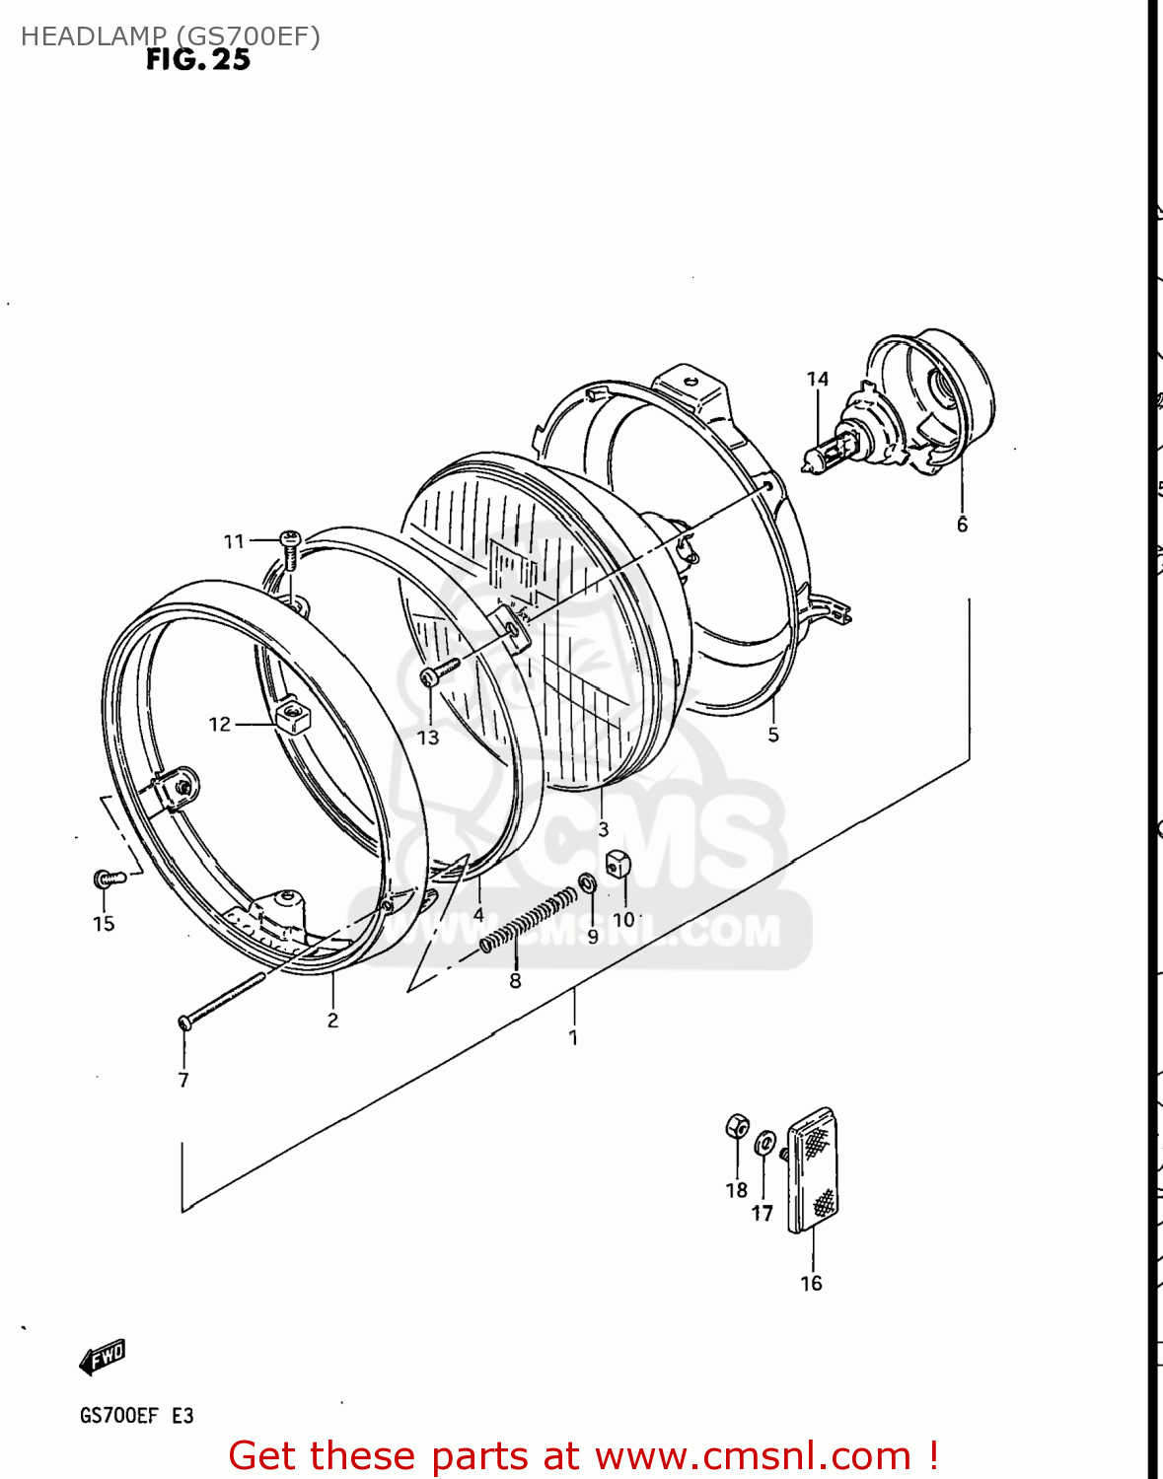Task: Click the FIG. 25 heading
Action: pos(198,60)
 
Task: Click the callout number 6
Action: pos(962,526)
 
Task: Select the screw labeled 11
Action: pos(290,547)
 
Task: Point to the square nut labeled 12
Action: pos(293,717)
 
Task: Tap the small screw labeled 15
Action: pos(108,877)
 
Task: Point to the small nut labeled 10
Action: pos(618,864)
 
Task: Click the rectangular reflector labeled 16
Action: pos(814,1170)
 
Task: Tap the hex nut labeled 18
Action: pos(737,1126)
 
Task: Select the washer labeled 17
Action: pos(764,1145)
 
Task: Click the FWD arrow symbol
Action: pos(103,1357)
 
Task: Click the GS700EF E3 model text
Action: pos(136,1416)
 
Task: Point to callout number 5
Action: pos(773,735)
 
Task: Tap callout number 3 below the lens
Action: pos(603,829)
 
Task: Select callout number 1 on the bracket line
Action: pos(573,1037)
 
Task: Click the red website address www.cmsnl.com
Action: pos(753,1455)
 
